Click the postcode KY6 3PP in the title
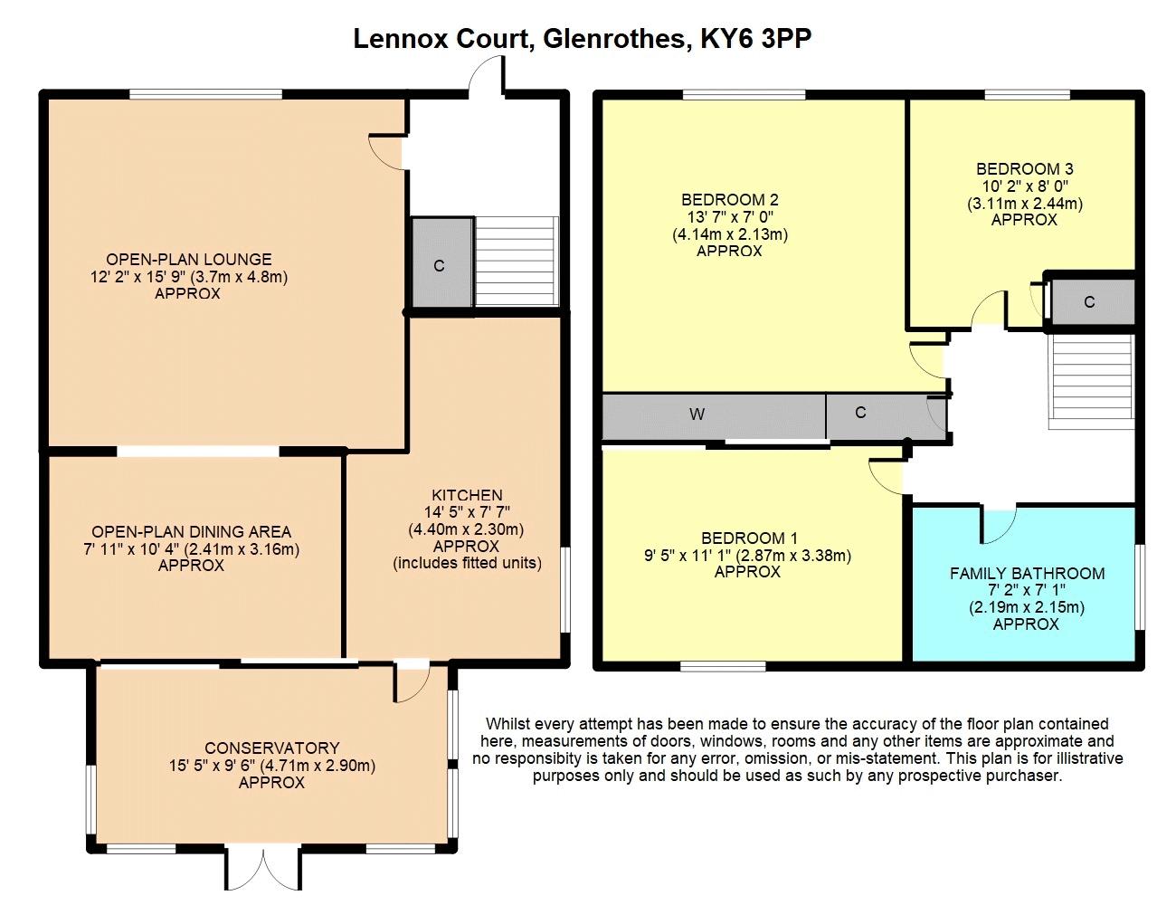pos(763,39)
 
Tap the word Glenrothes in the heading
pos(609,39)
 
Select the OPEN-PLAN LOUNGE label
pos(188,260)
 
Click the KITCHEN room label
pos(467,495)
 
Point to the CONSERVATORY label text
pos(271,748)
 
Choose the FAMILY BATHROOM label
pos(1027,574)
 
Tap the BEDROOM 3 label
pos(1024,169)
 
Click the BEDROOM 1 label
pos(749,538)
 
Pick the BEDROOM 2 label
pos(729,200)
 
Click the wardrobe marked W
pos(697,415)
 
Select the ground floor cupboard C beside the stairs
pos(441,264)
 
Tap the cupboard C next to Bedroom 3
pos(1089,302)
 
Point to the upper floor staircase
pos(1091,380)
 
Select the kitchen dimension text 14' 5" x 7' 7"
pos(467,512)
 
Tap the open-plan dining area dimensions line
pos(191,548)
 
